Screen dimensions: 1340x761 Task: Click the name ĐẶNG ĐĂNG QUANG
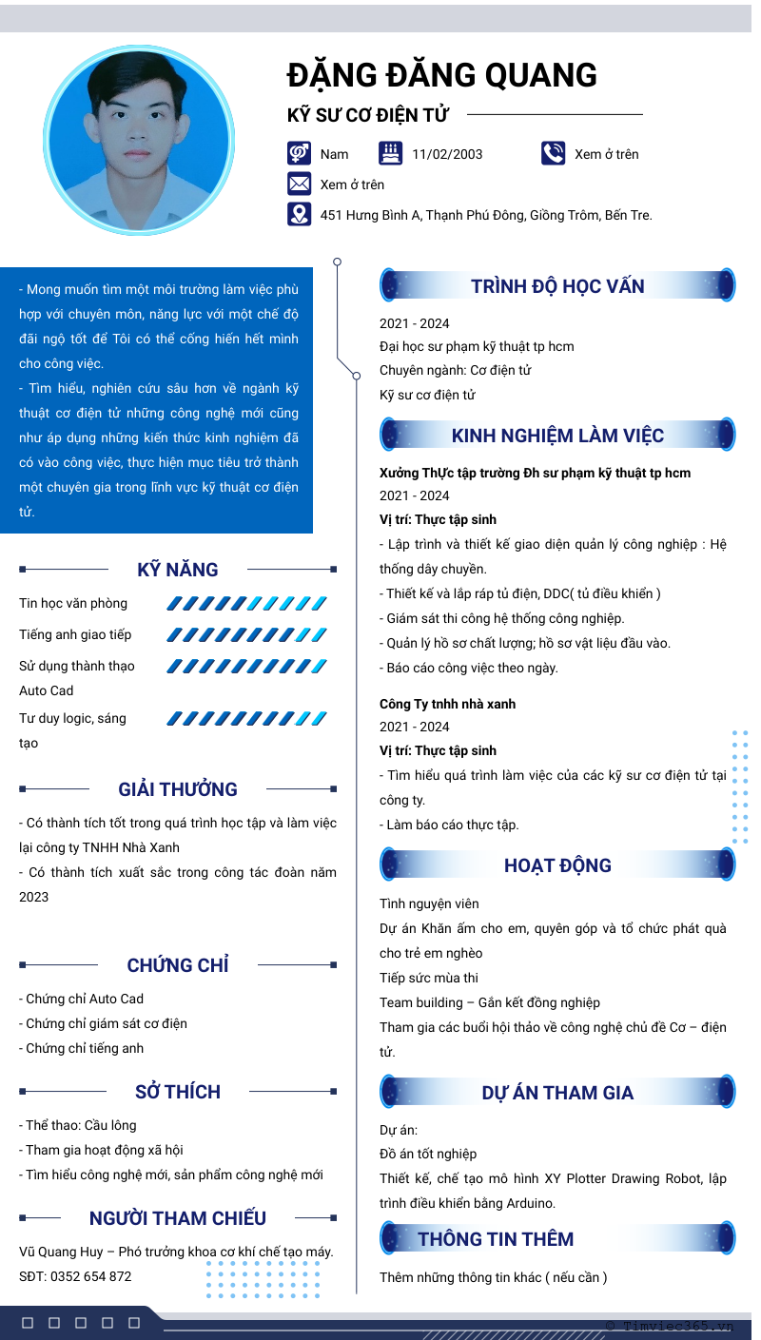click(442, 75)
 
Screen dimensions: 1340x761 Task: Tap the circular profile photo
click(139, 140)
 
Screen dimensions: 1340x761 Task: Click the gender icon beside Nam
click(299, 153)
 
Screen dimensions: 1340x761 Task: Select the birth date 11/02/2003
click(447, 154)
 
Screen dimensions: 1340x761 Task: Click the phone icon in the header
click(553, 153)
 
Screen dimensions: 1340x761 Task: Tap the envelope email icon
click(299, 184)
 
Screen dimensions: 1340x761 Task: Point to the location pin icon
click(299, 214)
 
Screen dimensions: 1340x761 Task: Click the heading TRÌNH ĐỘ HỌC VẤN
click(557, 286)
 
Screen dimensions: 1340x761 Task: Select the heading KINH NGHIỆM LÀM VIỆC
click(557, 436)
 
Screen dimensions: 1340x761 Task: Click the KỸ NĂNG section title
click(178, 570)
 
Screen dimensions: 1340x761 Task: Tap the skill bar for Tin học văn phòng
click(246, 603)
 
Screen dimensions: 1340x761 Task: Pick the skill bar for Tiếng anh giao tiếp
click(246, 634)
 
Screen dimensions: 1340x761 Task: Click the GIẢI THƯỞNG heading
click(178, 789)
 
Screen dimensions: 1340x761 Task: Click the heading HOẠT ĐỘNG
click(557, 865)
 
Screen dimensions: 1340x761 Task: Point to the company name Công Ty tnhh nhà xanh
click(447, 704)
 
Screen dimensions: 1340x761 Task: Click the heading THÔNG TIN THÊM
click(496, 1239)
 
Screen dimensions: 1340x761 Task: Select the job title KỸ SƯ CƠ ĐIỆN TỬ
click(367, 115)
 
